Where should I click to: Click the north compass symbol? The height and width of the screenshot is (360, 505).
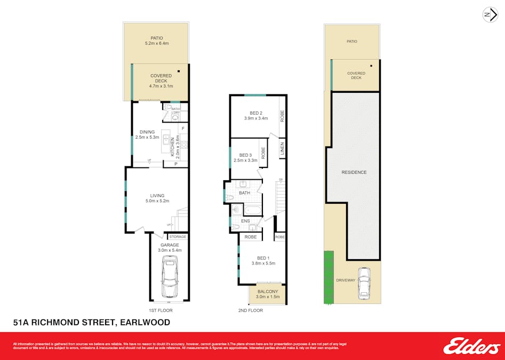click(x=490, y=15)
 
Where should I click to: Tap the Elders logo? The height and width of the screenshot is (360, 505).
click(x=471, y=346)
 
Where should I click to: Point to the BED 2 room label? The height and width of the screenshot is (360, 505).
click(x=256, y=113)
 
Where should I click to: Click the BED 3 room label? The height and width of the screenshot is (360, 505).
click(x=245, y=155)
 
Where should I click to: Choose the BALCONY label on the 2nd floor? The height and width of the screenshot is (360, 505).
click(x=268, y=292)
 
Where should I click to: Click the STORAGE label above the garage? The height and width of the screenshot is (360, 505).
click(x=178, y=236)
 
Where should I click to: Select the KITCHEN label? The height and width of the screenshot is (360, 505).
click(x=172, y=145)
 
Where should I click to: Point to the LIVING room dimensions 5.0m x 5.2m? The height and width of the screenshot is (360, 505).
click(x=157, y=201)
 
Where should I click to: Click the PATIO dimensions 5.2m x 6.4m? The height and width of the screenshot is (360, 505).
click(x=157, y=43)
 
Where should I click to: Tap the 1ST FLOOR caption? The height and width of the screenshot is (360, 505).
click(x=160, y=310)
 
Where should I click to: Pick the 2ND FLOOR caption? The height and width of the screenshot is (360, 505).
click(x=251, y=310)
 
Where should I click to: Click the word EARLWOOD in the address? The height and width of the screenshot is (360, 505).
click(x=146, y=322)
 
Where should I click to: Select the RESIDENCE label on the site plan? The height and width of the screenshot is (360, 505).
click(x=354, y=172)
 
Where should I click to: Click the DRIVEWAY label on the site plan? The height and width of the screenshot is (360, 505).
click(x=346, y=280)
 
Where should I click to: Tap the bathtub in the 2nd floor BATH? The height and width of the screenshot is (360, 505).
click(x=249, y=210)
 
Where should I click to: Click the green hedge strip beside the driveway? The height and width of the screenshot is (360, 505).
click(x=328, y=277)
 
